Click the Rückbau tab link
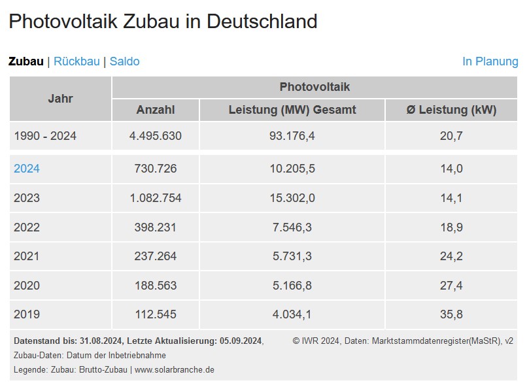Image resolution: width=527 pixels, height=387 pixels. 76,61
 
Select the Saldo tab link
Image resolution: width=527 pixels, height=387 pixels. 124,61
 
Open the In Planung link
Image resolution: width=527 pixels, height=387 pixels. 490,61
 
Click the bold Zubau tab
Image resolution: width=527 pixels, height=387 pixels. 25,61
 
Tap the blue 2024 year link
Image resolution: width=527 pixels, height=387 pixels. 27,169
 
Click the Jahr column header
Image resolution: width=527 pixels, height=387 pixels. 60,99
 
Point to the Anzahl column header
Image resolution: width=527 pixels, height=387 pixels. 155,110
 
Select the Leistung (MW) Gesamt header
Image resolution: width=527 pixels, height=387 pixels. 292,110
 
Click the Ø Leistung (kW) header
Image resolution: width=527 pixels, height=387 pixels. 451,110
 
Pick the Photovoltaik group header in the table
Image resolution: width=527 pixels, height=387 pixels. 314,87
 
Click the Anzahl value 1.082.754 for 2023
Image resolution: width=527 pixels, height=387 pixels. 155,198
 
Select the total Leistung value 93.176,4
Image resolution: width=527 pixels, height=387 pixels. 292,136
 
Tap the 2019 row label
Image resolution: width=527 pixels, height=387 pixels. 27,314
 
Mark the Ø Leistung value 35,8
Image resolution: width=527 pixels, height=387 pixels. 451,314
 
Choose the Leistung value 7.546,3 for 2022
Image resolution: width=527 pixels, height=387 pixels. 292,227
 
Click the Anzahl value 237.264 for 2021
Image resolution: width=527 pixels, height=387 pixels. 155,256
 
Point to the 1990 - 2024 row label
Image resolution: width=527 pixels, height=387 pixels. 45,136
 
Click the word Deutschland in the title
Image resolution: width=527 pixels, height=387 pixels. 262,21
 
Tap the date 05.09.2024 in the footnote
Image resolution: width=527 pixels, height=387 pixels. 239,341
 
